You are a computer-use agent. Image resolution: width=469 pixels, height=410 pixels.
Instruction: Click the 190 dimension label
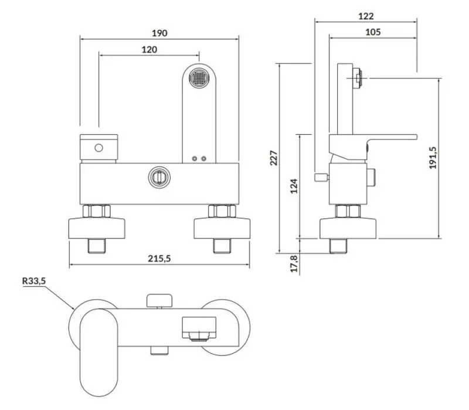click(x=159, y=33)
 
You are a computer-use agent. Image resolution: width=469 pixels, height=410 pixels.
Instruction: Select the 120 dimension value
click(x=149, y=49)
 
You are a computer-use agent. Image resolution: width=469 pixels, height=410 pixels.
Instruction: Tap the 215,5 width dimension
click(x=159, y=258)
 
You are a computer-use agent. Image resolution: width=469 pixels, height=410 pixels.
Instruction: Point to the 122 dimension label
click(x=366, y=16)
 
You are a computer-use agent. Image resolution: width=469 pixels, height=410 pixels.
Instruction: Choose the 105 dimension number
click(x=373, y=32)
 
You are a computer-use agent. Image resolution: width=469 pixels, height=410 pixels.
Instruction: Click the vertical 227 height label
click(x=274, y=158)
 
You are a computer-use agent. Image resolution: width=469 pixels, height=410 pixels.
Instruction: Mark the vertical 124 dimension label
click(x=294, y=186)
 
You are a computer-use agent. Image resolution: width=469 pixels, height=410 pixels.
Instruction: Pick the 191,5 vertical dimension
click(x=433, y=158)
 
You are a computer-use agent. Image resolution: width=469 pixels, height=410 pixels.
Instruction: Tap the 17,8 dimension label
click(x=295, y=264)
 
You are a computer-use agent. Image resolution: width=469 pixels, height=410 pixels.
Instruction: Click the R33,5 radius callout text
click(x=34, y=281)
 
